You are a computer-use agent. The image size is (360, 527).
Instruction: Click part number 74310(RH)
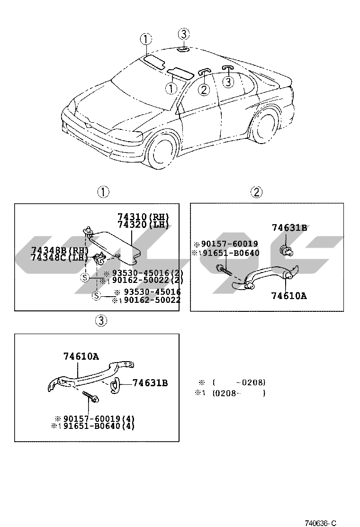tap(143, 217)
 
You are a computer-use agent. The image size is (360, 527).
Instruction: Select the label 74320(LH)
tap(143, 225)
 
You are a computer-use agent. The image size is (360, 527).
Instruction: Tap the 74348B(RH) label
tap(60, 250)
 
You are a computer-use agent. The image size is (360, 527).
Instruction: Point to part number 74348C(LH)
tap(60, 258)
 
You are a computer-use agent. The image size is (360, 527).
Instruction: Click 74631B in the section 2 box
tap(289, 228)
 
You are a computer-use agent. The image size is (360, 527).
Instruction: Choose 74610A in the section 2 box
tap(289, 296)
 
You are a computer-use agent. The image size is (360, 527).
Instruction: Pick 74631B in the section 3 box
tap(150, 382)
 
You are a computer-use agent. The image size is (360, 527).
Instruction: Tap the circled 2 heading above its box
tap(256, 192)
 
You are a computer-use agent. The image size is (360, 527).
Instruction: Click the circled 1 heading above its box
tap(103, 192)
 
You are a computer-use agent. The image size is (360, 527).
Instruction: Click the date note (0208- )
tap(238, 393)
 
